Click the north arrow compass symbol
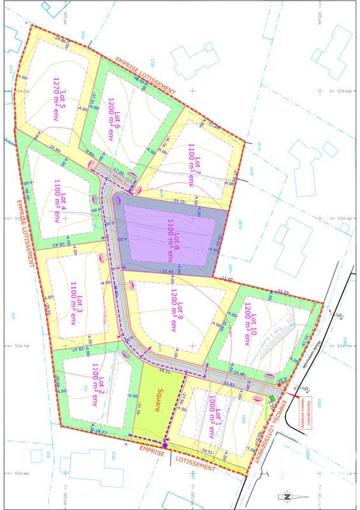tap(286, 497)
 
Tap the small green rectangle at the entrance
tap(272, 398)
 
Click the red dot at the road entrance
tap(278, 386)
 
